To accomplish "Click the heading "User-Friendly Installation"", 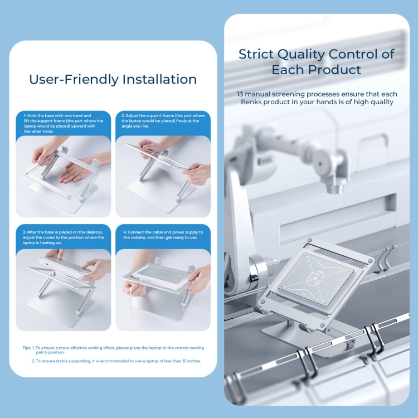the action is click(113, 80).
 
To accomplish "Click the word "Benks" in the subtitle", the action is click(252, 102).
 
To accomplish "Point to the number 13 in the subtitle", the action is click(240, 94).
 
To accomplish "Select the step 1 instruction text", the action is click(64, 123).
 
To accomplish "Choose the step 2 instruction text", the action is click(163, 121).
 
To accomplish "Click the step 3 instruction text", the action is click(64, 237).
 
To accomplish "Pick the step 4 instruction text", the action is click(163, 235).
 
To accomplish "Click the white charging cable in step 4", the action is click(130, 307).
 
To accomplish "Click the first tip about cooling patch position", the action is click(113, 350).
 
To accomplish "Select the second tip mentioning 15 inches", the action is click(116, 361).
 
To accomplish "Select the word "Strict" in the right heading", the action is click(256, 54).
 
